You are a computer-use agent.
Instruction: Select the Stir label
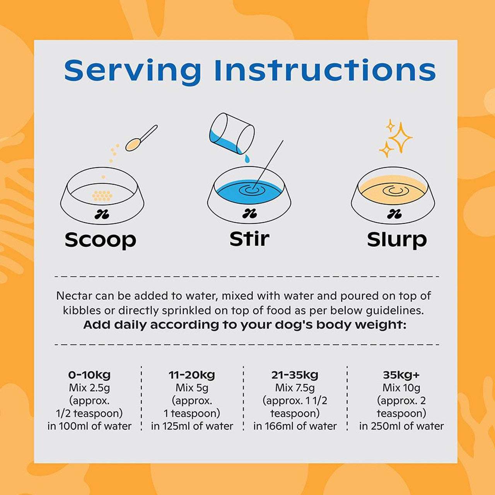249,238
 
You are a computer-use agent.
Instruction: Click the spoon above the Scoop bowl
141,138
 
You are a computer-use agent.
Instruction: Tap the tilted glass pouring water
232,133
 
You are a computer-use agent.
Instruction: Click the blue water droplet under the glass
247,159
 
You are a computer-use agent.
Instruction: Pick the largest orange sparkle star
400,137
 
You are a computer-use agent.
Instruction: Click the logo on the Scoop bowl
101,214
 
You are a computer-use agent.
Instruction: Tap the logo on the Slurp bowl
393,214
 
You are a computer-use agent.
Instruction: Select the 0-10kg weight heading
89,375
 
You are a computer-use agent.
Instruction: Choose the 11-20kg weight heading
192,375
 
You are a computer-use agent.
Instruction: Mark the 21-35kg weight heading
295,375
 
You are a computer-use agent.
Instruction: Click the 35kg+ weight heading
401,375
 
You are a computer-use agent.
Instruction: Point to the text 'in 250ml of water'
401,426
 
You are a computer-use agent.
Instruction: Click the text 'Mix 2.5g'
89,388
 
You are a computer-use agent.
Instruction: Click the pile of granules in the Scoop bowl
102,195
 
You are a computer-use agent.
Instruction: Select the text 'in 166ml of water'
295,426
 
